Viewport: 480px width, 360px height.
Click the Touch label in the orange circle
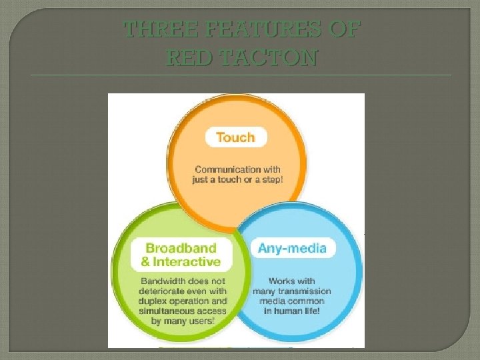point(235,137)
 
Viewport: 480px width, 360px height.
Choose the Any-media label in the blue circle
point(292,249)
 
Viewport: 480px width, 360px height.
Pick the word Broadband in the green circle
point(181,248)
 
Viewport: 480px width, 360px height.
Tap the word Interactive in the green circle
point(187,261)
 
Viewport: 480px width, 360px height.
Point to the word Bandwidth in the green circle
point(164,281)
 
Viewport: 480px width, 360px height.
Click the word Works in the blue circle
point(281,281)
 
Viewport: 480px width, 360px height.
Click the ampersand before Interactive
point(146,261)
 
